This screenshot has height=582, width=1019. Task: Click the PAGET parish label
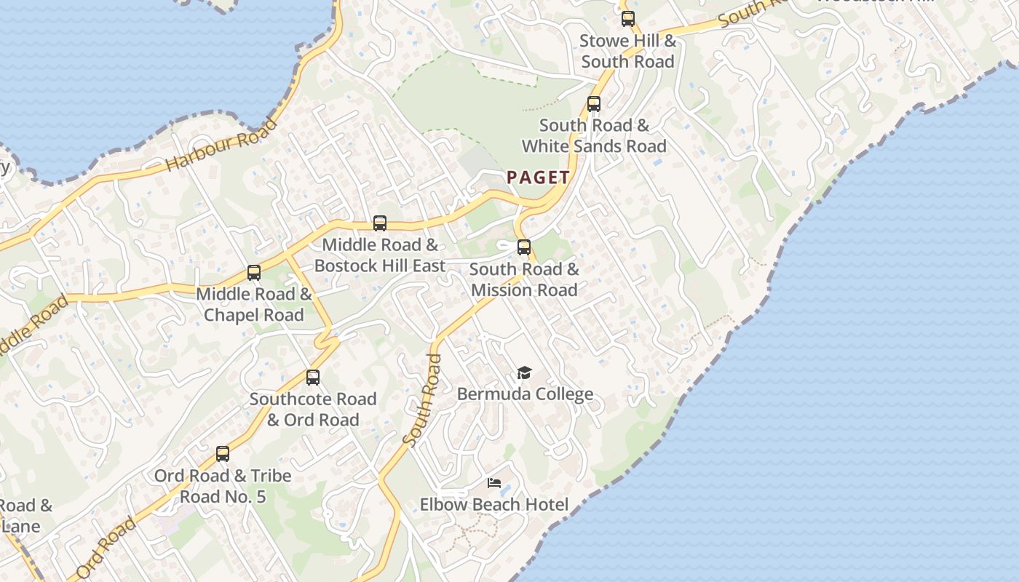tap(539, 177)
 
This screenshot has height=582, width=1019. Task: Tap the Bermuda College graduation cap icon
tap(524, 373)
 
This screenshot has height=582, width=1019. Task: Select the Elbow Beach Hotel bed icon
tap(494, 483)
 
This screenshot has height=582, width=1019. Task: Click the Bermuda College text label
tap(525, 394)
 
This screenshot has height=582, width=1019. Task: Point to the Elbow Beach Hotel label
tap(494, 504)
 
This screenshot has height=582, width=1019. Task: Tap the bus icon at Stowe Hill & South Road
tap(627, 20)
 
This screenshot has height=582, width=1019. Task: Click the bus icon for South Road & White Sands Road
tap(594, 104)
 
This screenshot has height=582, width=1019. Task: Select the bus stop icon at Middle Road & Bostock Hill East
tap(379, 223)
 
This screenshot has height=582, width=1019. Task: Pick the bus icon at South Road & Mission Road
tap(524, 247)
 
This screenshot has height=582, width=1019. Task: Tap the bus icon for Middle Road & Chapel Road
tap(253, 273)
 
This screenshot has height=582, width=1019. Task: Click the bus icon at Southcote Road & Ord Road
tap(313, 378)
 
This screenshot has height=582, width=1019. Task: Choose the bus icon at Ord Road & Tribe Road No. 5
tap(223, 454)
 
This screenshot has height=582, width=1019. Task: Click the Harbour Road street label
tap(221, 143)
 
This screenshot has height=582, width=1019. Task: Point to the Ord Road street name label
tap(106, 548)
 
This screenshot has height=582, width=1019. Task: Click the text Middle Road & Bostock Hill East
tap(379, 255)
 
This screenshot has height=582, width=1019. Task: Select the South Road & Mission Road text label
tap(524, 279)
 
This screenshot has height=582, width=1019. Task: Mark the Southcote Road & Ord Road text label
tap(313, 410)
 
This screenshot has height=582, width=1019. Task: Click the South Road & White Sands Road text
tap(594, 136)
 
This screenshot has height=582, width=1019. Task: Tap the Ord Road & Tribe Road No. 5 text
tap(223, 486)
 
